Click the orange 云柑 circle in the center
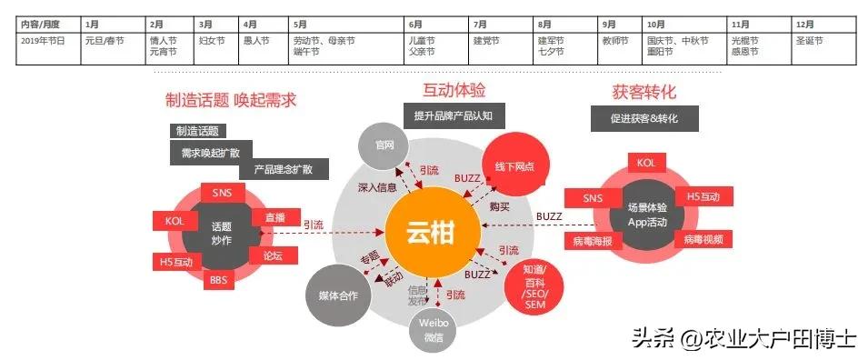click(x=431, y=232)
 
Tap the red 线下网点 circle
click(x=514, y=166)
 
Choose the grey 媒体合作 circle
click(x=338, y=295)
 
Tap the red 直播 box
click(x=274, y=218)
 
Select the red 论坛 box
click(x=272, y=256)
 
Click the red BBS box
click(x=218, y=279)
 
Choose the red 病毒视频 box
click(x=704, y=239)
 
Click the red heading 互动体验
click(x=454, y=90)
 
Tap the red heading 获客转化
click(x=644, y=92)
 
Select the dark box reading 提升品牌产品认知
click(x=453, y=115)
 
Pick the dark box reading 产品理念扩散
click(x=283, y=170)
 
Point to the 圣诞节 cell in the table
click(x=808, y=41)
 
